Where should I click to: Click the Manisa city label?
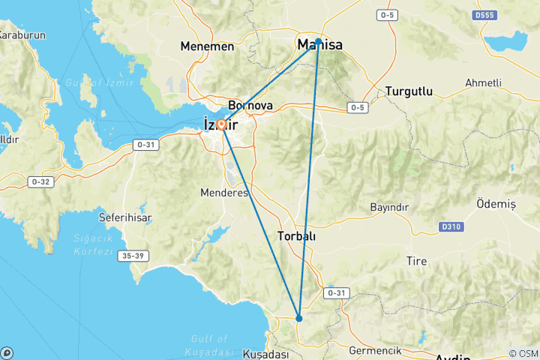[320, 46]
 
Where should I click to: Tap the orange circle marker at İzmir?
[222, 124]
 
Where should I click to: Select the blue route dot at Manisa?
[319, 41]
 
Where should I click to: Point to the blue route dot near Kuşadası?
[299, 319]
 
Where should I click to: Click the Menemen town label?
[207, 46]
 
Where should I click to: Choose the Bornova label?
[250, 106]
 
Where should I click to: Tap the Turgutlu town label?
[409, 91]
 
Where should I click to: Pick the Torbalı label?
[297, 235]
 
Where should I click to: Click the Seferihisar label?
[125, 217]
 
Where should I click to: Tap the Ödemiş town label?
[496, 204]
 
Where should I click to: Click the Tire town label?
[416, 261]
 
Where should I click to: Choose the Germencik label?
[376, 350]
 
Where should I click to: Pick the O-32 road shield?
[39, 181]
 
